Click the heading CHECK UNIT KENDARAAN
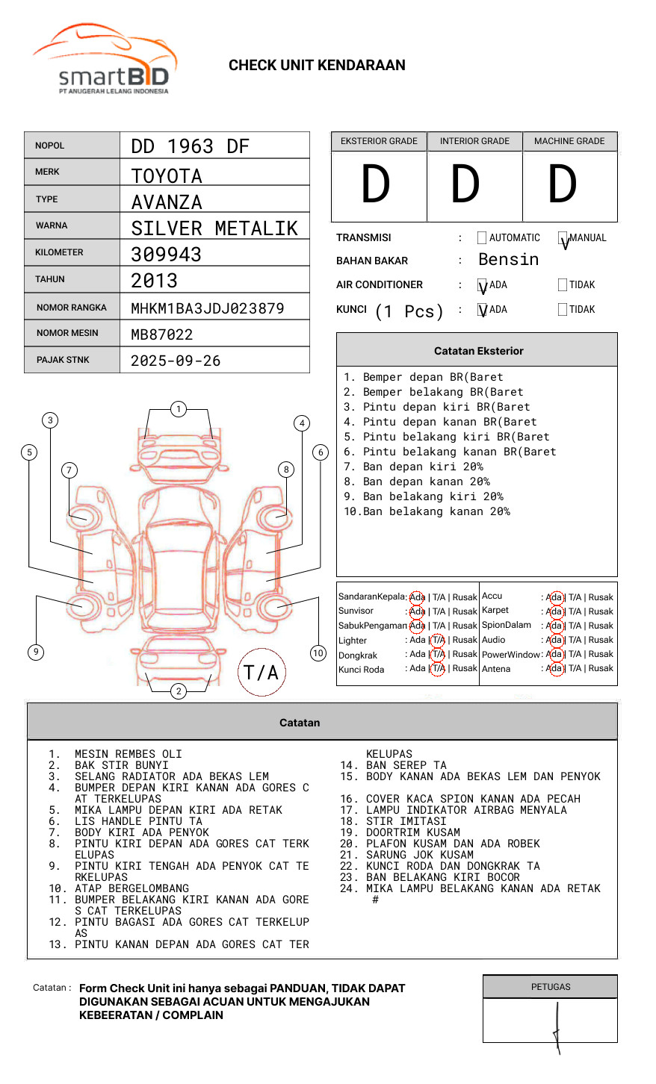317,66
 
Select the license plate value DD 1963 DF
190,146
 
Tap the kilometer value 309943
166,255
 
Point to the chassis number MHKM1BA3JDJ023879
207,308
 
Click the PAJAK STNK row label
63,360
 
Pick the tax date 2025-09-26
176,361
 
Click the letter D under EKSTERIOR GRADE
376,185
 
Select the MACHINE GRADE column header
569,141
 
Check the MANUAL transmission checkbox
563,239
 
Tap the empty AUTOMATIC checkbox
482,238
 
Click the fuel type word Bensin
508,260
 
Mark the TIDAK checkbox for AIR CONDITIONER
563,285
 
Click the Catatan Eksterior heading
478,351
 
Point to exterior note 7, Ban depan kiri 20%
412,467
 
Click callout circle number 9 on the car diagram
36,652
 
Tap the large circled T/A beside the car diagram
261,672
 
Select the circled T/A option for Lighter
438,640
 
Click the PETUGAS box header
551,987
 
